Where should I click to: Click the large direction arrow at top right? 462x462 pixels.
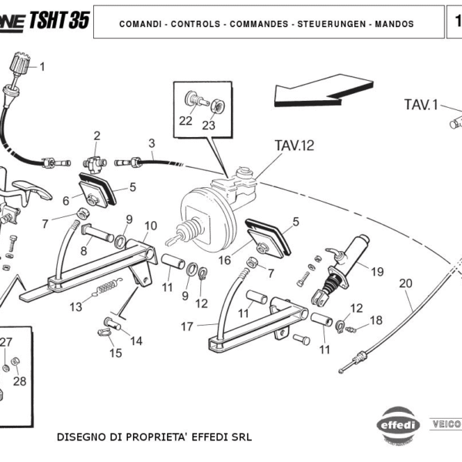(x=318, y=88)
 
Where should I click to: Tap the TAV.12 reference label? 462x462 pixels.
(x=294, y=144)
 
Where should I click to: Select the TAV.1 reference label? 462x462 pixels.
(x=421, y=104)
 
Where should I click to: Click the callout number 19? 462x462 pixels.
(x=377, y=271)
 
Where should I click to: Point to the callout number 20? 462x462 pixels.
(x=406, y=283)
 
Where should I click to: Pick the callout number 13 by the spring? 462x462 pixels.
(x=75, y=306)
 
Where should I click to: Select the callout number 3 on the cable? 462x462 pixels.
(x=152, y=143)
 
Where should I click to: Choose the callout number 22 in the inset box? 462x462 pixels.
(x=186, y=120)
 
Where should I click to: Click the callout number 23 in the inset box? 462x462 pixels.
(x=209, y=126)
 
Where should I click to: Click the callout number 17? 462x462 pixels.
(x=187, y=326)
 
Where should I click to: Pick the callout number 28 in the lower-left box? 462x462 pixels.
(x=20, y=381)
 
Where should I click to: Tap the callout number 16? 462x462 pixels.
(x=224, y=260)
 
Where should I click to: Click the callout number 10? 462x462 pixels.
(x=151, y=226)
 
